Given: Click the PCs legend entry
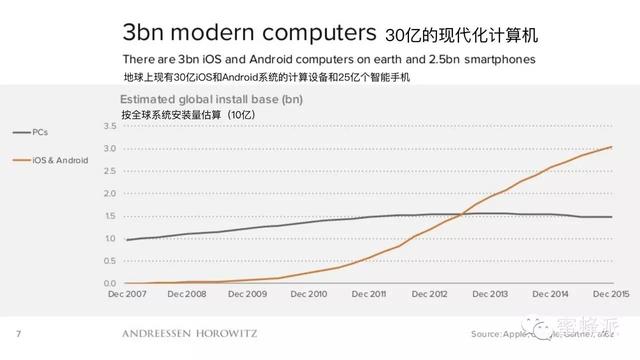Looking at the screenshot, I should pos(39,131).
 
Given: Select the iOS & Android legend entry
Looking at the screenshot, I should pos(60,160).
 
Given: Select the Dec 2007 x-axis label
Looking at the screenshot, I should pos(127,295).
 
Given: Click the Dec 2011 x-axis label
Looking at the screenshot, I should pos(370,295).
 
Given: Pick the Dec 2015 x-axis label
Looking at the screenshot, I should pos(611,295).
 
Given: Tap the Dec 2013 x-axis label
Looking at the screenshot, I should pos(491,295).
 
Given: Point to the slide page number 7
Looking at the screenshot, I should pos(17,332).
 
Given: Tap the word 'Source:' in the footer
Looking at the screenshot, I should pos(487,333).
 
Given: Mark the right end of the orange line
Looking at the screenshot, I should pos(611,147).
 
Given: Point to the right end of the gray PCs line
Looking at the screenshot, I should pos(611,217).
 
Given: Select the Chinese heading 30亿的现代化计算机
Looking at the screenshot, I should pos(461,35).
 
